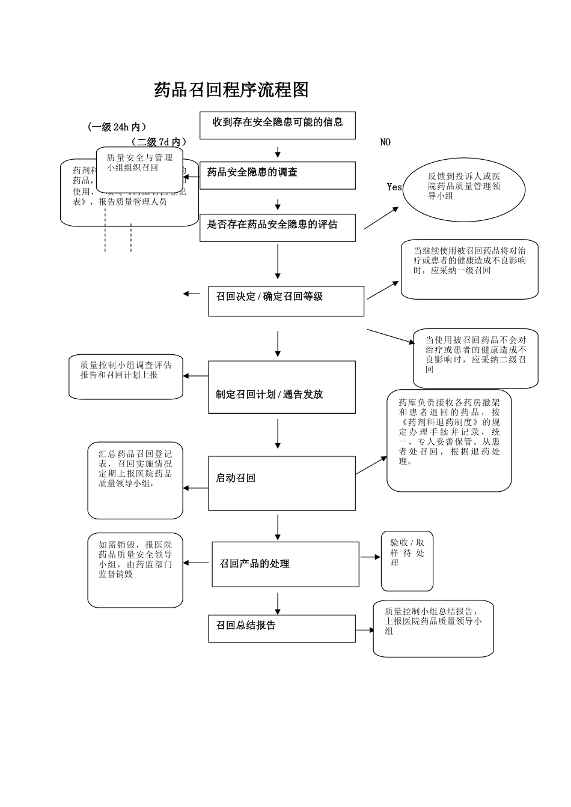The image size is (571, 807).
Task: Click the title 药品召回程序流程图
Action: [x=231, y=90]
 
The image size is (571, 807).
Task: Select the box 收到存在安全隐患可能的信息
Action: [x=277, y=125]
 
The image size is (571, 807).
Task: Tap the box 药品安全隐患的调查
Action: [x=277, y=175]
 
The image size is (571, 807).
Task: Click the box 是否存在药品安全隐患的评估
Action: [x=277, y=228]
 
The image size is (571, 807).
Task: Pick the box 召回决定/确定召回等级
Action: [x=286, y=301]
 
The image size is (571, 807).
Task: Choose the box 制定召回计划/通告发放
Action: [x=281, y=387]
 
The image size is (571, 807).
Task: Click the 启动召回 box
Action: [x=281, y=483]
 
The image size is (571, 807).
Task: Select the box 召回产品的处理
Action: [x=285, y=564]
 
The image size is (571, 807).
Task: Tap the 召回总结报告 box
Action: [x=281, y=628]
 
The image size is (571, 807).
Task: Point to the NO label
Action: [x=385, y=142]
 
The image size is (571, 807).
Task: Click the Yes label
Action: [x=394, y=187]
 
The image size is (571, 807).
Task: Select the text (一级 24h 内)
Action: [x=117, y=127]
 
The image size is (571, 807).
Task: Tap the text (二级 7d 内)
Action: [x=158, y=142]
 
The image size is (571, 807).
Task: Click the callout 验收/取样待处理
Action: [x=407, y=560]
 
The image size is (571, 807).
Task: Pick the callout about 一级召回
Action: [x=469, y=269]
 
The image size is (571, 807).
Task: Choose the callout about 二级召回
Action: [x=475, y=358]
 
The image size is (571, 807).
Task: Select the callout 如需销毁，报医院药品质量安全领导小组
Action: [x=135, y=570]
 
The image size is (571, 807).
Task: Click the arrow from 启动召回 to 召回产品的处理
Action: [x=278, y=527]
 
